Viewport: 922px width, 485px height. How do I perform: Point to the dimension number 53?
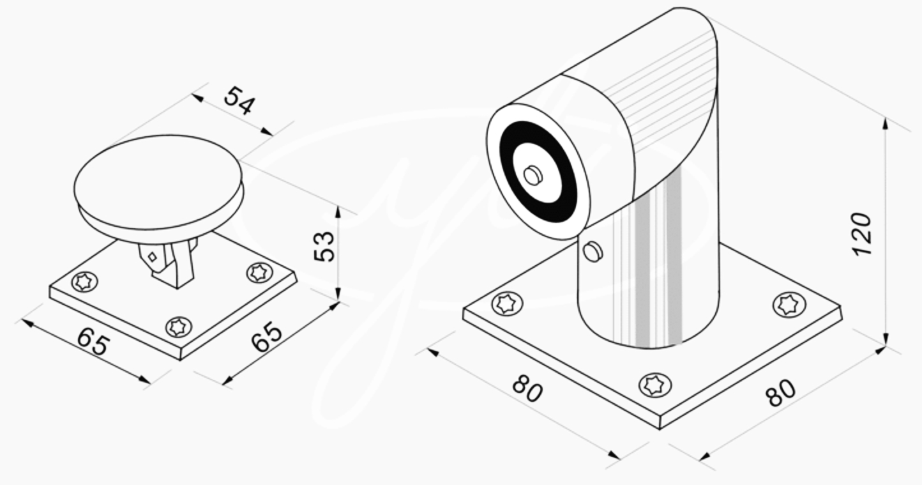(324, 246)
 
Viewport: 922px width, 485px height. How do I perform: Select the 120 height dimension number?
(863, 234)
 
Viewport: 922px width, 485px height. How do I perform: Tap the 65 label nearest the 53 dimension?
(267, 337)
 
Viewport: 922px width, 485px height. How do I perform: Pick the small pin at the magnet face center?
(533, 175)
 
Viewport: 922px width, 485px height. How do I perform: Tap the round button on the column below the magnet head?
(593, 251)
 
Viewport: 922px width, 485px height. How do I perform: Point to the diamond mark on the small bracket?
(152, 257)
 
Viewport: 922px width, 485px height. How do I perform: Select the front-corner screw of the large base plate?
(655, 385)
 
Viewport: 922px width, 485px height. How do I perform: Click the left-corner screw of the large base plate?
(507, 303)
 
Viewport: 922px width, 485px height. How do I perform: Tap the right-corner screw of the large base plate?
(789, 304)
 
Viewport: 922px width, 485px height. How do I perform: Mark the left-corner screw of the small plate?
(84, 281)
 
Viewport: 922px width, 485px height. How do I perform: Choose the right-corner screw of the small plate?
(259, 272)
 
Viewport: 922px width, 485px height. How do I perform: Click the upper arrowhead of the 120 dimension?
(886, 123)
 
